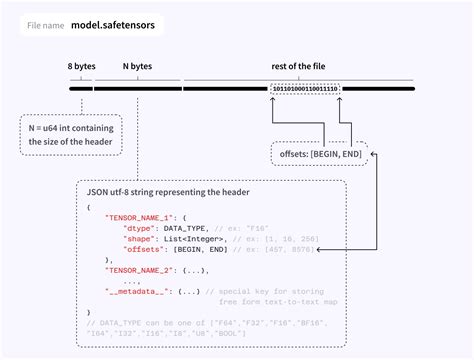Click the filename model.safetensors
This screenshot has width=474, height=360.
click(113, 23)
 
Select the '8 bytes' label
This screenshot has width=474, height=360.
click(81, 66)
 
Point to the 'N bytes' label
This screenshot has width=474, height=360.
click(137, 66)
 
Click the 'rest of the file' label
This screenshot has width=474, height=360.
click(302, 66)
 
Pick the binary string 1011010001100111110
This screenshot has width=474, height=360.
click(304, 88)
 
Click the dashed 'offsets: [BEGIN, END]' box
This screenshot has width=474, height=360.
click(317, 155)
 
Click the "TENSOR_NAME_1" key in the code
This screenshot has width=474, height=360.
click(135, 218)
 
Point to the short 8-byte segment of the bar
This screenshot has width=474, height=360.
click(80, 88)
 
